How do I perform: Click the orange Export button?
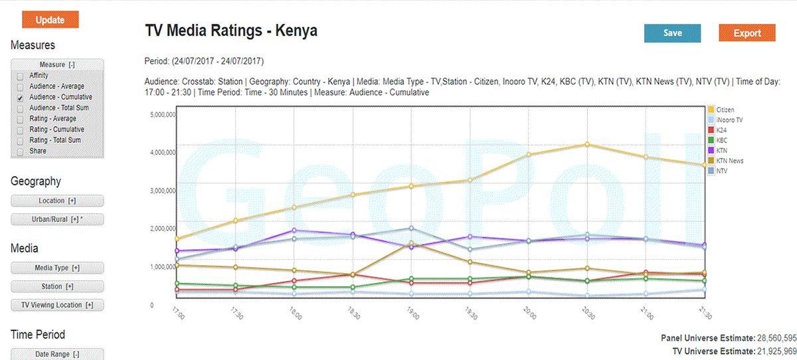(747, 33)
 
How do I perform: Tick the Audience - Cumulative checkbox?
(20, 98)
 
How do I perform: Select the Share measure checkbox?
(20, 151)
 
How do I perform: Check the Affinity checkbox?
(20, 76)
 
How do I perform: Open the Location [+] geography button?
(57, 201)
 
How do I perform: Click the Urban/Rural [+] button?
(57, 219)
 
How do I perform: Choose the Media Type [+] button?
(57, 268)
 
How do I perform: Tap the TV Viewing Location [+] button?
(57, 305)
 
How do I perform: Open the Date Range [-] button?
(57, 355)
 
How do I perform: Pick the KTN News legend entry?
(729, 161)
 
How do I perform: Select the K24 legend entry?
(722, 130)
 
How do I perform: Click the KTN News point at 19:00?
(412, 243)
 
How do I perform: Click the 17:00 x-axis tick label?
(177, 312)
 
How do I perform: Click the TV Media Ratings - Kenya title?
(231, 31)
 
